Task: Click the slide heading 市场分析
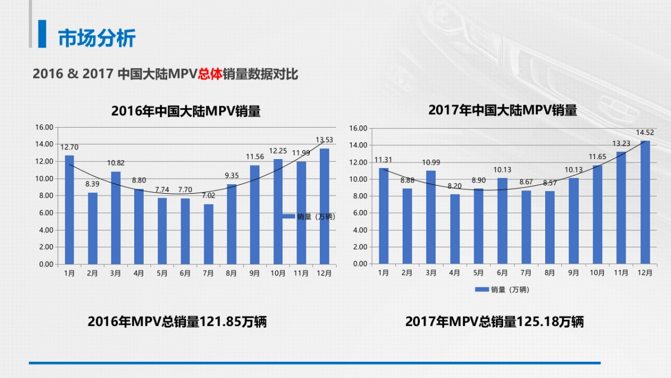pyautogui.click(x=97, y=38)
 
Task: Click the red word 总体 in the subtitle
pyautogui.click(x=210, y=74)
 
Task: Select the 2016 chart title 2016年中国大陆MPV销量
pyautogui.click(x=186, y=111)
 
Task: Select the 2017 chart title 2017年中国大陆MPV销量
pyautogui.click(x=502, y=110)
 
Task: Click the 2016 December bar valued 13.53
pyautogui.click(x=324, y=206)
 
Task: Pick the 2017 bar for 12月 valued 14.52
pyautogui.click(x=645, y=202)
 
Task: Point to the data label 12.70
pyautogui.click(x=69, y=147)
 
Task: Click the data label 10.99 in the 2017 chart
pyautogui.click(x=431, y=162)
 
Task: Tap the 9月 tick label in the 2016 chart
pyautogui.click(x=254, y=273)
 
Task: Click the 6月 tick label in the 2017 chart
pyautogui.click(x=502, y=273)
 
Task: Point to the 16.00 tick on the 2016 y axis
pyautogui.click(x=44, y=127)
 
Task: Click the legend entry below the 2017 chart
pyautogui.click(x=502, y=290)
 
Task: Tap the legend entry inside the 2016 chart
pyautogui.click(x=309, y=217)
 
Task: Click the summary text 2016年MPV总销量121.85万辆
pyautogui.click(x=177, y=322)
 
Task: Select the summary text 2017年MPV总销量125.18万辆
pyautogui.click(x=494, y=322)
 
